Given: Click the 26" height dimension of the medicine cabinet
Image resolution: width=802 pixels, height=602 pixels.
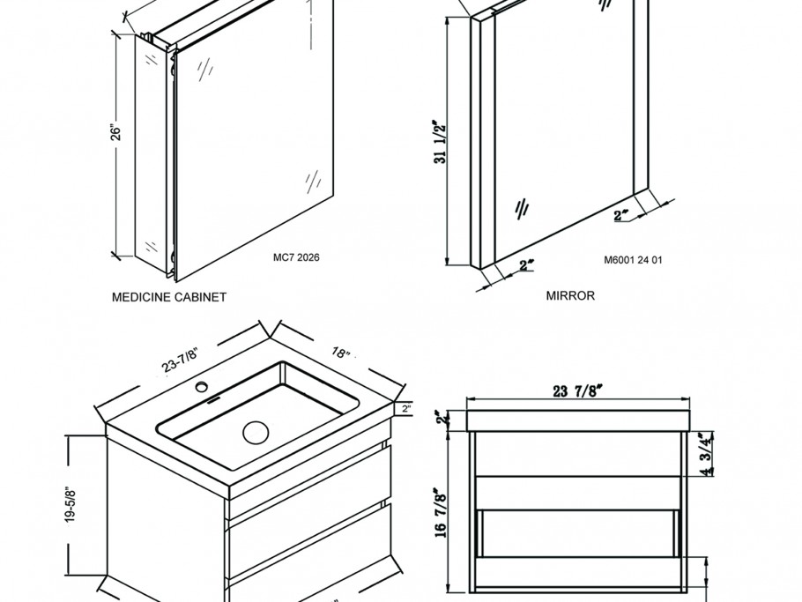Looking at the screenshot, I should tap(115, 132).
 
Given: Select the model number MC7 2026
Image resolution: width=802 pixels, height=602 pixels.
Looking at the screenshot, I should tap(296, 258).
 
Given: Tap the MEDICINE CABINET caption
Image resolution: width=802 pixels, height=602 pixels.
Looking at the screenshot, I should tap(169, 297).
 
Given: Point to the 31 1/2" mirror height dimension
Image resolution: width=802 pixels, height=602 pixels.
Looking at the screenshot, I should tap(442, 141).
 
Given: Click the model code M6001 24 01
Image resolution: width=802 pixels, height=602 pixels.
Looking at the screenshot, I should tap(633, 260).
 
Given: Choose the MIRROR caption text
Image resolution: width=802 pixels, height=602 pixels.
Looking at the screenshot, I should tap(570, 295).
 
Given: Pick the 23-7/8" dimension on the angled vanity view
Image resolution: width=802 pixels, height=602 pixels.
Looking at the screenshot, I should tap(181, 361).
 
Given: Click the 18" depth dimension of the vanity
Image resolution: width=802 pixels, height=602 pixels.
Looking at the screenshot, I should tap(341, 353).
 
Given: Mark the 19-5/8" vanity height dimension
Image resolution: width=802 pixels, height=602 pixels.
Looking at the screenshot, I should tap(70, 505).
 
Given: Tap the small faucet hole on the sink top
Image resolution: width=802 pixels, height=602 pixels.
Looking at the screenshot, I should tap(202, 386).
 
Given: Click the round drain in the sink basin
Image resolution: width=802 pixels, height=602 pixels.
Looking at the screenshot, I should tap(255, 432).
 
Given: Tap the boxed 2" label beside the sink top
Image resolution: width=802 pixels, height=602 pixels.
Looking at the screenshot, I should tap(405, 408).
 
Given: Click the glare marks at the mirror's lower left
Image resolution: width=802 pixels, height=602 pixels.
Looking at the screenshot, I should tap(521, 209).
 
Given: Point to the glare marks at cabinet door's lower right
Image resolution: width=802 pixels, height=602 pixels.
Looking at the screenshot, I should tap(312, 181).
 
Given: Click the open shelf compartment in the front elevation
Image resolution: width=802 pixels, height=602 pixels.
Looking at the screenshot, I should tap(576, 532).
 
